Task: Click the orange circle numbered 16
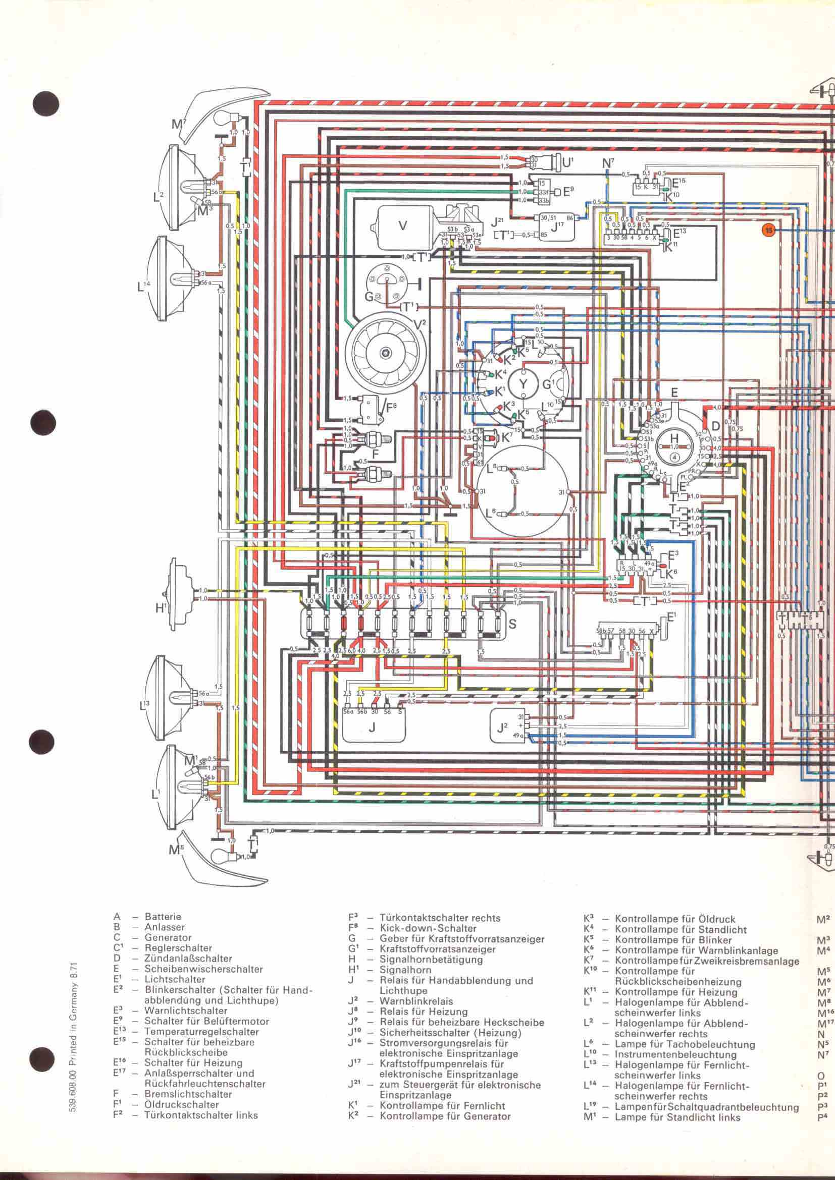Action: pos(769,230)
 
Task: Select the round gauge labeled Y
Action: pos(523,384)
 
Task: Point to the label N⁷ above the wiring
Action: pos(608,163)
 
